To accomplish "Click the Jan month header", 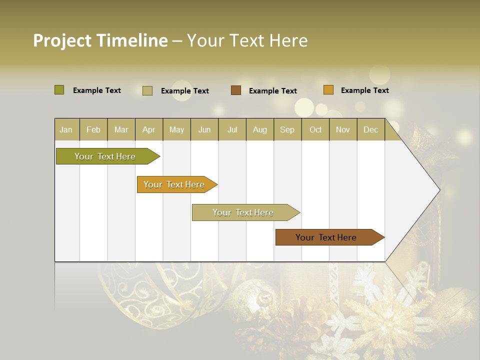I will click(66, 129).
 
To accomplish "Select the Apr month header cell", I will click(149, 129).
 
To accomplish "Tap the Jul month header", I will click(232, 129).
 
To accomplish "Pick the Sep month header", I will click(287, 129).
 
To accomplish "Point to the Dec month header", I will click(370, 129).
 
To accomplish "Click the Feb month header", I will click(93, 129).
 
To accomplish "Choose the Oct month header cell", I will click(315, 129).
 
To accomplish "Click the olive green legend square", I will click(59, 90).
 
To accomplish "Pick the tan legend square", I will click(147, 90).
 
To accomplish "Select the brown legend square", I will click(236, 90).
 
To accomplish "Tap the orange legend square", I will click(328, 90).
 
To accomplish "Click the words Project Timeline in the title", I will click(100, 40).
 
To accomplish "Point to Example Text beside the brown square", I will click(273, 91).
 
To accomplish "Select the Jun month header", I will click(204, 129).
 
